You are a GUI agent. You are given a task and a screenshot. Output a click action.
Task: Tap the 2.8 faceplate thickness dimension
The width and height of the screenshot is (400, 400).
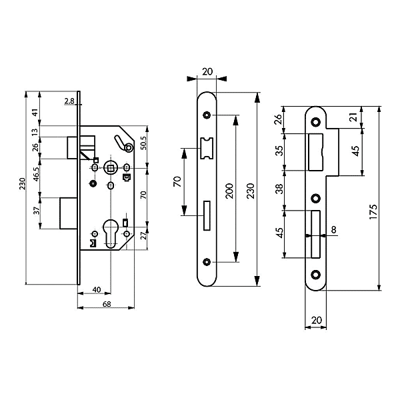tap(70, 101)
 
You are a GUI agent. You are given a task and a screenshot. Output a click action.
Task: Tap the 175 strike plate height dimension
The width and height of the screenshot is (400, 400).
tap(374, 212)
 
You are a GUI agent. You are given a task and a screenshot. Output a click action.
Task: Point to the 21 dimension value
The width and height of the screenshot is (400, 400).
tap(353, 118)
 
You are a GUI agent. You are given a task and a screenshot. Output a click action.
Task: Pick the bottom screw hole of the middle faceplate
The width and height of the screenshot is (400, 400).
tap(207, 261)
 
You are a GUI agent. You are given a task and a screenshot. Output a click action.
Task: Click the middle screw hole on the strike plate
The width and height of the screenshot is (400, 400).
tap(315, 197)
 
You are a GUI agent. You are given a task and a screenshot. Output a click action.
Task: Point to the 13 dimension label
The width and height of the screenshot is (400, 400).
tap(35, 131)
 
